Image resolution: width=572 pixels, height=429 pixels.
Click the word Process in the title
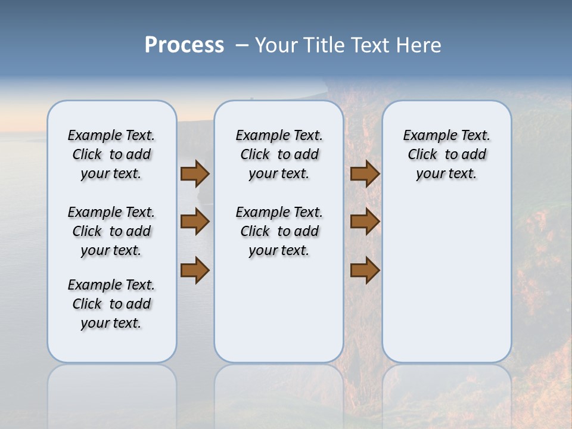pyautogui.click(x=184, y=45)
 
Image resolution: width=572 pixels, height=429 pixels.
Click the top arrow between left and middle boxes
pyautogui.click(x=195, y=173)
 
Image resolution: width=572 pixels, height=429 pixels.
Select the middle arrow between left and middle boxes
pyautogui.click(x=195, y=222)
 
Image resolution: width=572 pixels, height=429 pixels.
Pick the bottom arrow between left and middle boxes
pyautogui.click(x=195, y=271)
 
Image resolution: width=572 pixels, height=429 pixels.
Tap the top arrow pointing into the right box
pyautogui.click(x=365, y=173)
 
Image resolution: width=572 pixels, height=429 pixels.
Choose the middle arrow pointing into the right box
pyautogui.click(x=365, y=222)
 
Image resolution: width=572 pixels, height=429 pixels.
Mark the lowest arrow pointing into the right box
pyautogui.click(x=365, y=271)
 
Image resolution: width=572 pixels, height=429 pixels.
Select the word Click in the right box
pyautogui.click(x=422, y=155)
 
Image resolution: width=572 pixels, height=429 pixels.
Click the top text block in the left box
pyautogui.click(x=111, y=154)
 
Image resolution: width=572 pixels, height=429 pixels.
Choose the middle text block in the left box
pyautogui.click(x=111, y=231)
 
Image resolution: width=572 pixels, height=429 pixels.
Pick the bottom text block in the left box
pyautogui.click(x=111, y=304)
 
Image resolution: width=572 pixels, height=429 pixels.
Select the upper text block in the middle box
pyautogui.click(x=279, y=154)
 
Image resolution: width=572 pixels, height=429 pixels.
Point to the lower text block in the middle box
pyautogui.click(x=279, y=231)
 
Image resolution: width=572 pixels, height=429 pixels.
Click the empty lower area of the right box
pyautogui.click(x=446, y=280)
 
